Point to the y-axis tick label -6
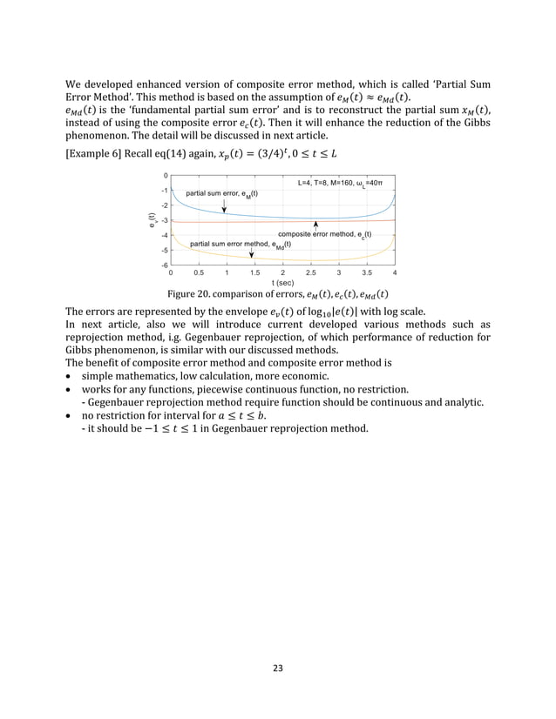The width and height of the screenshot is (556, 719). tap(164, 265)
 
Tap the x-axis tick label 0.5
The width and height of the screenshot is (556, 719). tap(199, 272)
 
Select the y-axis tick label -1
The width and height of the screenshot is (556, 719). tap(164, 191)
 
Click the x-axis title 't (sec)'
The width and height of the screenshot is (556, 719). tap(282, 283)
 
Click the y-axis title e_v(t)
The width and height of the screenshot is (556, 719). tap(152, 220)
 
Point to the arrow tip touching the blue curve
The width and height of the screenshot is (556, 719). tap(224, 212)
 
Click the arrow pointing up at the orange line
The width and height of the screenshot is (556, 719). tap(315, 225)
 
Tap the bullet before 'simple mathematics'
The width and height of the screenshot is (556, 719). tap(70, 387)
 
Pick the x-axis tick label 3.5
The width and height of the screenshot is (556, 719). tap(367, 272)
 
